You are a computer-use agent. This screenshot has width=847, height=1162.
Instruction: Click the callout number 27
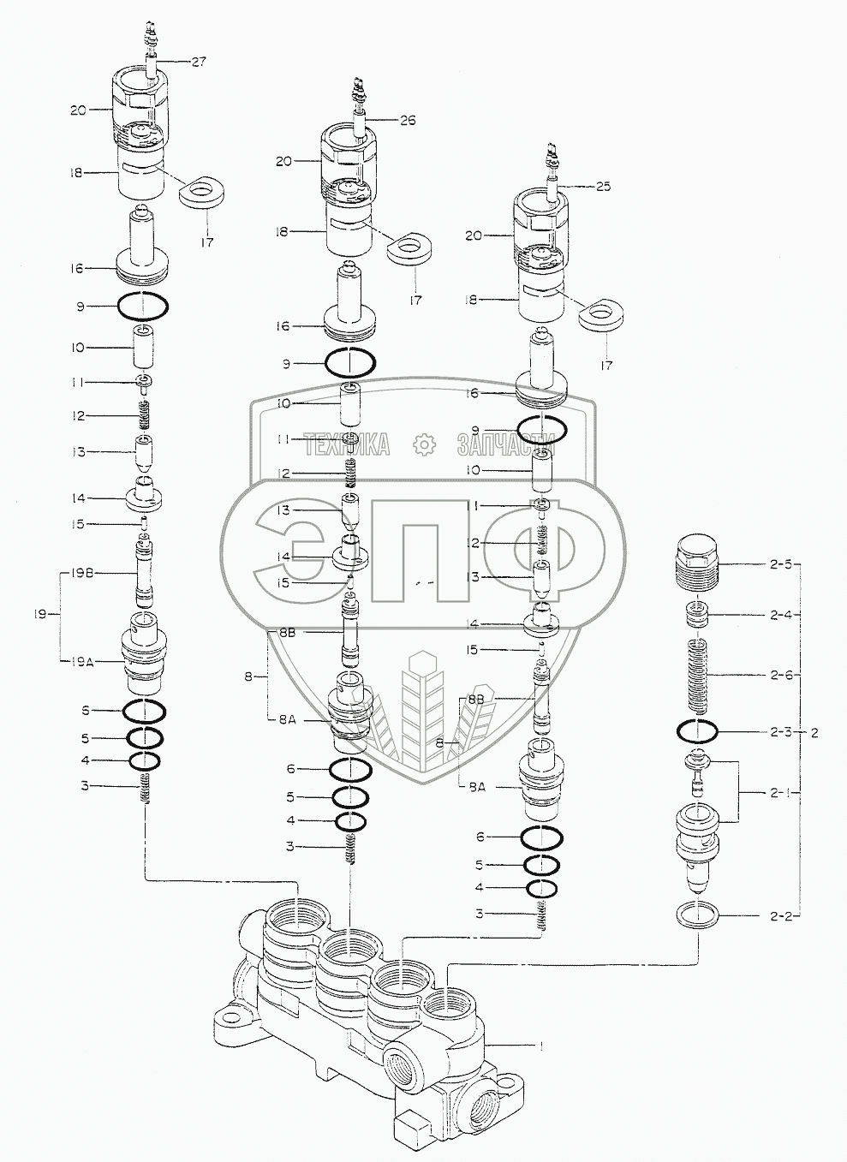click(198, 61)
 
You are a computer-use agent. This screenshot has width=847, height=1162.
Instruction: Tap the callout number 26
click(407, 121)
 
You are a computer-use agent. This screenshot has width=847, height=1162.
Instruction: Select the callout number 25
click(603, 187)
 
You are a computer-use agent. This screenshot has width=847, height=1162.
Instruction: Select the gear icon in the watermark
click(423, 444)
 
